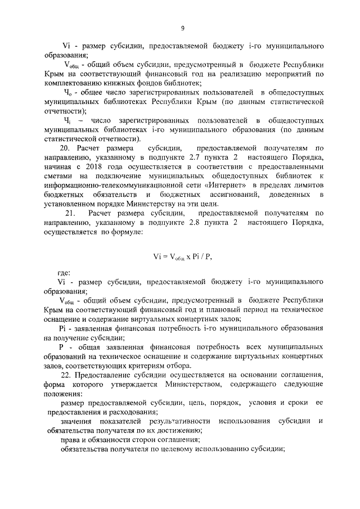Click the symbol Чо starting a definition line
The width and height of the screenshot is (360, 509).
tap(68, 92)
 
